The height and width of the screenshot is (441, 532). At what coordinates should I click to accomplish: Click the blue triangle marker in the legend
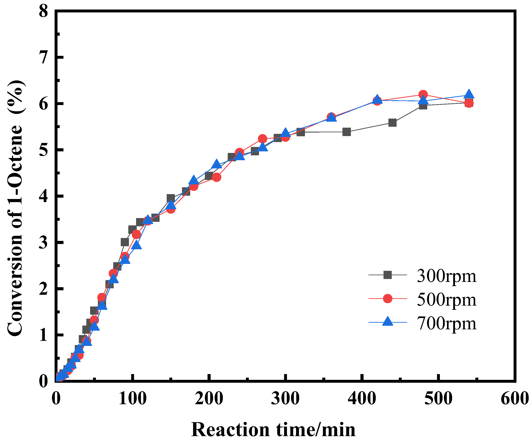pyautogui.click(x=387, y=322)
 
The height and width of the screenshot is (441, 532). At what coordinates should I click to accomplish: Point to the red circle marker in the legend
pyautogui.click(x=387, y=299)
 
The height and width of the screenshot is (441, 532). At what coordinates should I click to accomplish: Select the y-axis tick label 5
pyautogui.click(x=43, y=150)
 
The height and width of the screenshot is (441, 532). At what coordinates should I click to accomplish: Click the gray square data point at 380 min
pyautogui.click(x=346, y=132)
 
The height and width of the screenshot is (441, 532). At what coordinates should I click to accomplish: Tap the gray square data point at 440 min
pyautogui.click(x=392, y=123)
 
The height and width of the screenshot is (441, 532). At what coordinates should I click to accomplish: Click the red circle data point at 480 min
pyautogui.click(x=423, y=95)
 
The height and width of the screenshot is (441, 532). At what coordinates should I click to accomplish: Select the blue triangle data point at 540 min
pyautogui.click(x=469, y=94)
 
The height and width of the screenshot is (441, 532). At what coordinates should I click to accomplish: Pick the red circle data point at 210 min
pyautogui.click(x=216, y=177)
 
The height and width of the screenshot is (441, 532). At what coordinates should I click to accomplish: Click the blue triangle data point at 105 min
pyautogui.click(x=136, y=245)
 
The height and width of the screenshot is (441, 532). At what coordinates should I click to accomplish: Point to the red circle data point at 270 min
pyautogui.click(x=263, y=139)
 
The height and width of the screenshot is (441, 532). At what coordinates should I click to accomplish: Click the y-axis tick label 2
pyautogui.click(x=43, y=289)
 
